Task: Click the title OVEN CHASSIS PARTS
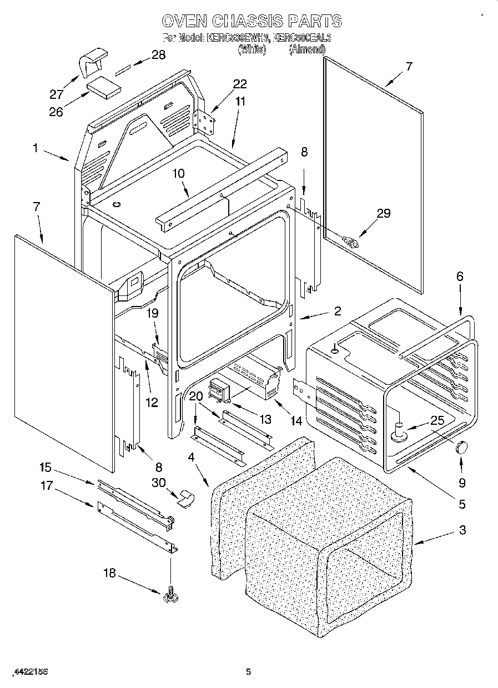251,22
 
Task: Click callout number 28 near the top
159,54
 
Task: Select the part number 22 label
239,84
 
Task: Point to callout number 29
384,213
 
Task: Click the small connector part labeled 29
351,242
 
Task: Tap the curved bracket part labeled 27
92,63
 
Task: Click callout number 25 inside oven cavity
437,420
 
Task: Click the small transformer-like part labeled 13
218,389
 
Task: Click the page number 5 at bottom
249,671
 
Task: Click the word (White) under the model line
252,49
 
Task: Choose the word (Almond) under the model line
306,49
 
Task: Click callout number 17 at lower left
47,485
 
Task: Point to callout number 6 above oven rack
460,276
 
